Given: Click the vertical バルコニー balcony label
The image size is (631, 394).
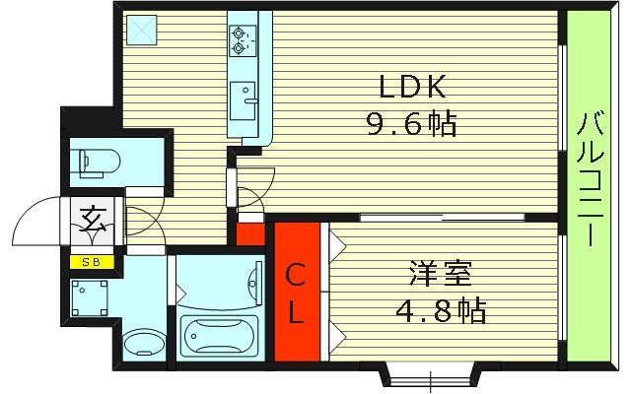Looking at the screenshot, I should (x=594, y=177).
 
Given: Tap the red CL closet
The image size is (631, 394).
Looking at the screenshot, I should (x=297, y=293).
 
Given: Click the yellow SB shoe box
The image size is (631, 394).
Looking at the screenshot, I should (x=92, y=262).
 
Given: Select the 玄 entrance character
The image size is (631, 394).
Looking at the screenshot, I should (x=92, y=216).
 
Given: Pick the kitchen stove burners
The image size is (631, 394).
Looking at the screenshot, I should (x=241, y=39).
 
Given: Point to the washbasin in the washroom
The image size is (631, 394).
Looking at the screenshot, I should (x=145, y=344).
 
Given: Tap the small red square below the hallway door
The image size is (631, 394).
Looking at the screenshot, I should (x=250, y=234).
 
